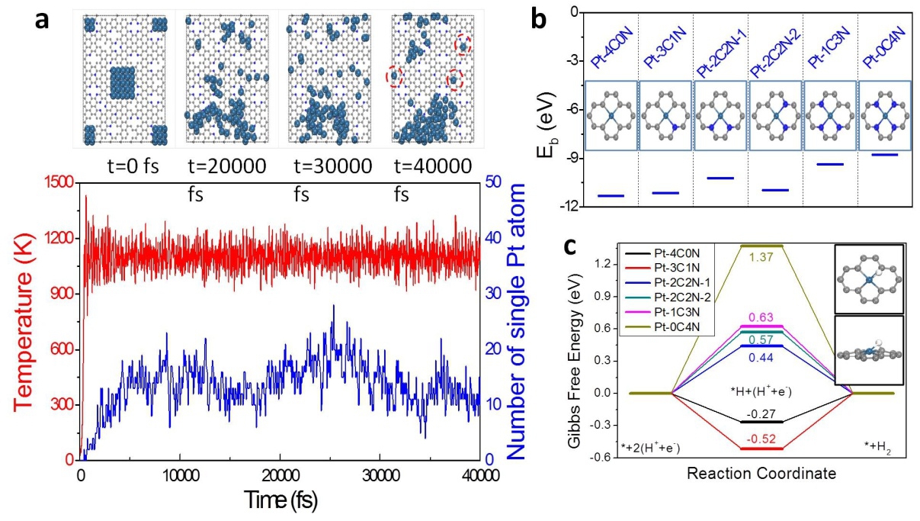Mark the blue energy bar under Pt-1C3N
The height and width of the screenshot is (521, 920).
[x=831, y=164]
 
